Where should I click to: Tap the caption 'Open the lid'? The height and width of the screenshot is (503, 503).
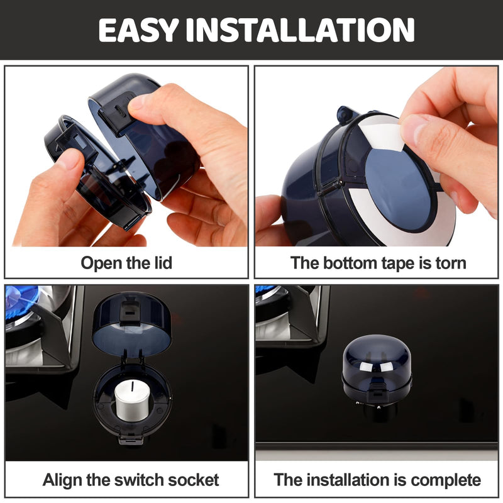pos(126,263)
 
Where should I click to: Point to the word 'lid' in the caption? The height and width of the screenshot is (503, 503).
pos(161,263)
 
